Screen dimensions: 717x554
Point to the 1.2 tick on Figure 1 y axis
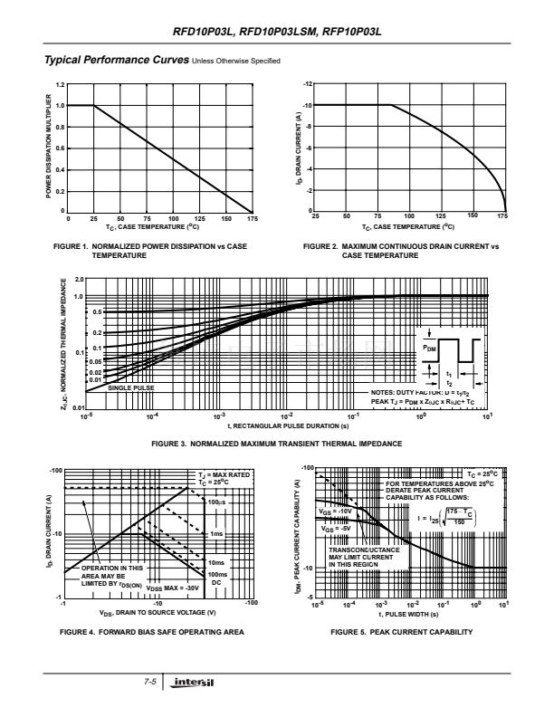[61, 84]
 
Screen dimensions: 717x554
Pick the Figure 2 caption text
[401, 250]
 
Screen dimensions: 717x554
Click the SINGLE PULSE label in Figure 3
[132, 387]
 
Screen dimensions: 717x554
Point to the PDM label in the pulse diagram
[428, 346]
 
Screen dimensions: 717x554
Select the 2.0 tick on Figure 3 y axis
[79, 280]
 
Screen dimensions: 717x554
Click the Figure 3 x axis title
[285, 425]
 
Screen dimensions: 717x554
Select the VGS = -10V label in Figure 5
[335, 511]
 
